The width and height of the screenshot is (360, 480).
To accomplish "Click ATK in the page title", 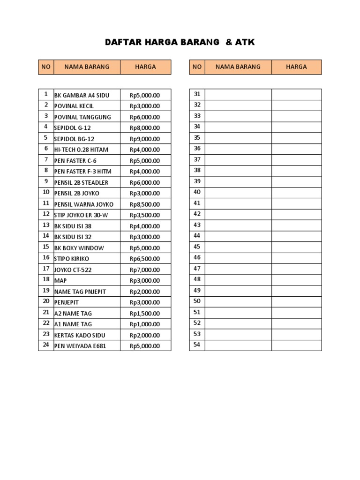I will coord(245,43).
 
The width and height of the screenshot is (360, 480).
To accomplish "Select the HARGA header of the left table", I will coord(145,67).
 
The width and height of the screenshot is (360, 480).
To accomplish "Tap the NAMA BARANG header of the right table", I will coord(238,67).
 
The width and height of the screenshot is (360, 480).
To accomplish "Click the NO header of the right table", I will coord(197,67).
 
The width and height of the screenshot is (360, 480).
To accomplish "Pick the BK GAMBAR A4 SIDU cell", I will coord(82,95).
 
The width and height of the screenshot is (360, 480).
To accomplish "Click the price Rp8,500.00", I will coord(145,204).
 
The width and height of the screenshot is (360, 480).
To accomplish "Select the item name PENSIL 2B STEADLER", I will coord(82,182).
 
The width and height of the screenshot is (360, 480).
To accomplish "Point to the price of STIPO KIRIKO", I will coord(145,259).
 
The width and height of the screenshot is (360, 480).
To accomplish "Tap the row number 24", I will coord(46,345).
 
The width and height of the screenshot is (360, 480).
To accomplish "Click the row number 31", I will coord(197,94).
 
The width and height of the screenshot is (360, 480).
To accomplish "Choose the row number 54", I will coord(197,345).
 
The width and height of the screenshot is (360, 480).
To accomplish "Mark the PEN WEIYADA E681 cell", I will coord(81,346).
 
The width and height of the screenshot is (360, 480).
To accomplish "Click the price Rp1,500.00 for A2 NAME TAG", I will coord(145,313).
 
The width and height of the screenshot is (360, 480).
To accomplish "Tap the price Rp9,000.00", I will coord(145,139).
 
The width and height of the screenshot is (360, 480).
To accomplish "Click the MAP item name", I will coord(61,280).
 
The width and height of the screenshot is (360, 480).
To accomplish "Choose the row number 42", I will coord(197,214).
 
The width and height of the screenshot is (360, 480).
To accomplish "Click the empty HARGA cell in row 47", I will coord(296,269).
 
